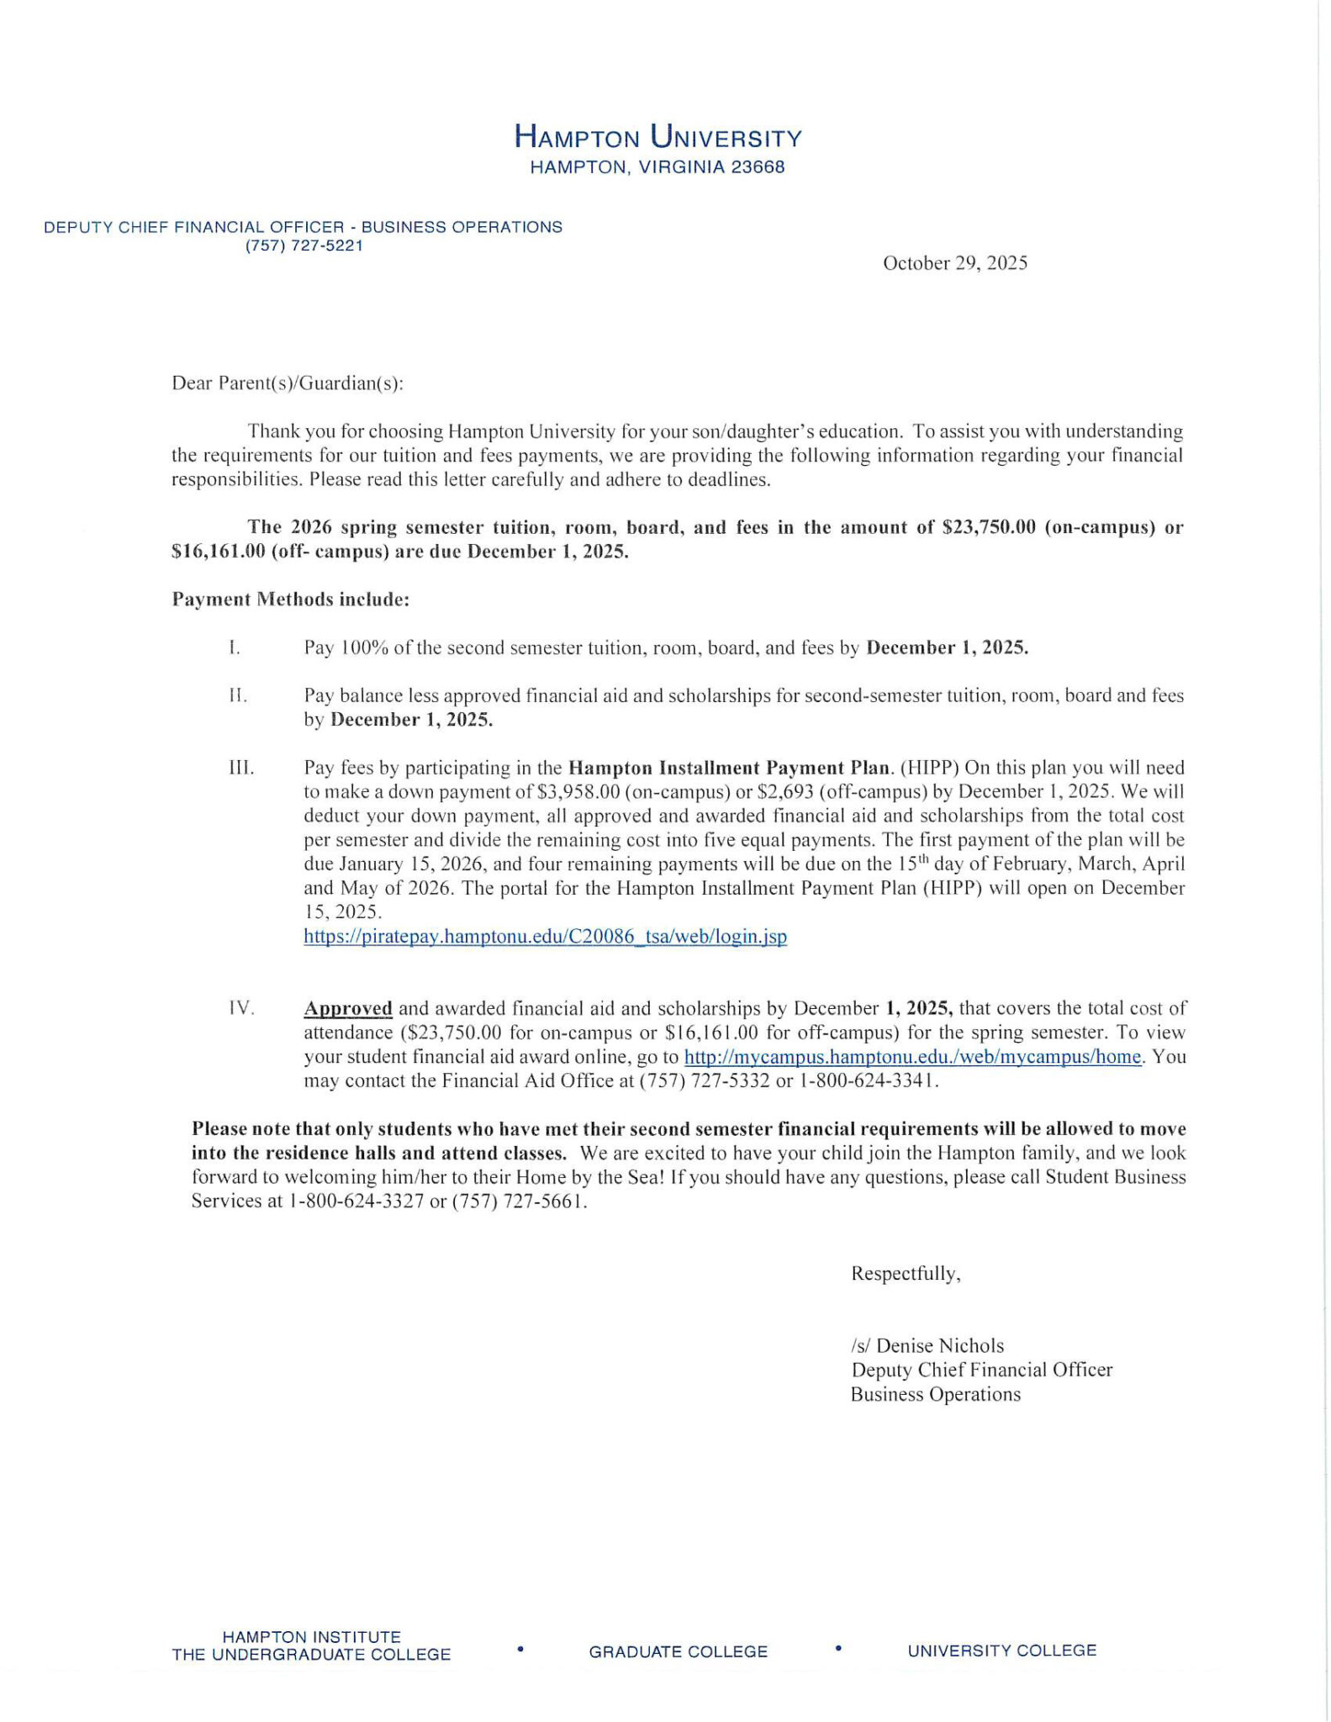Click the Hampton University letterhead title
point(658,136)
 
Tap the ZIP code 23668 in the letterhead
point(758,167)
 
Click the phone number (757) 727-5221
point(304,246)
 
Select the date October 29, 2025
point(954,263)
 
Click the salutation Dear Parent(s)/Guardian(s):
point(288,383)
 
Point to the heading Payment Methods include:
point(291,600)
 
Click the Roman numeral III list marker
point(241,768)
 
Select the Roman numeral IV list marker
point(241,1008)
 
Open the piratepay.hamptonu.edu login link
point(545,937)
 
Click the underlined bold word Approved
point(348,1008)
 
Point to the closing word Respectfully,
point(906,1274)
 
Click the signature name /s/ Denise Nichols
point(927,1346)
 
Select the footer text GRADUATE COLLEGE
point(678,1651)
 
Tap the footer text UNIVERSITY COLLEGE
point(1001,1651)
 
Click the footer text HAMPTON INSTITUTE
point(311,1637)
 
